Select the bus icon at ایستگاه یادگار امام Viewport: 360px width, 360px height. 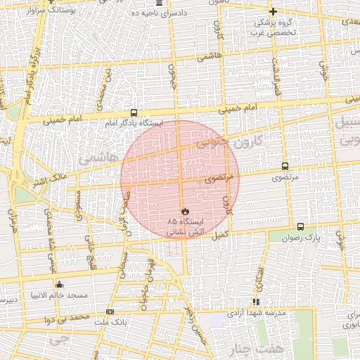(x=134, y=112)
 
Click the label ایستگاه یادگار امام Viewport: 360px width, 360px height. (x=134, y=123)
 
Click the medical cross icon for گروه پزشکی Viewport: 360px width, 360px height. (x=274, y=11)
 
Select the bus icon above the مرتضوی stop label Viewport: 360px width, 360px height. (x=285, y=167)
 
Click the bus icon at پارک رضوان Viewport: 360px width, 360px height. (x=301, y=226)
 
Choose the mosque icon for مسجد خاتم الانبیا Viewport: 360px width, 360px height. (x=59, y=285)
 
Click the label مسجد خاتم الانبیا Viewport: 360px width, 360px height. (x=59, y=295)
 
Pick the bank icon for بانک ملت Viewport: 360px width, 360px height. (x=110, y=311)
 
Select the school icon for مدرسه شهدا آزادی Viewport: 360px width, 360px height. (x=256, y=302)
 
